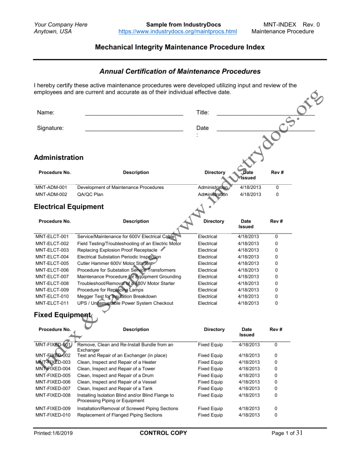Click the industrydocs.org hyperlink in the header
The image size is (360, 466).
pos(179,32)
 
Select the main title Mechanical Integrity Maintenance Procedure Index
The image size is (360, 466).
pos(180,47)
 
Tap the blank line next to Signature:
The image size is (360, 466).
pos(134,128)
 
